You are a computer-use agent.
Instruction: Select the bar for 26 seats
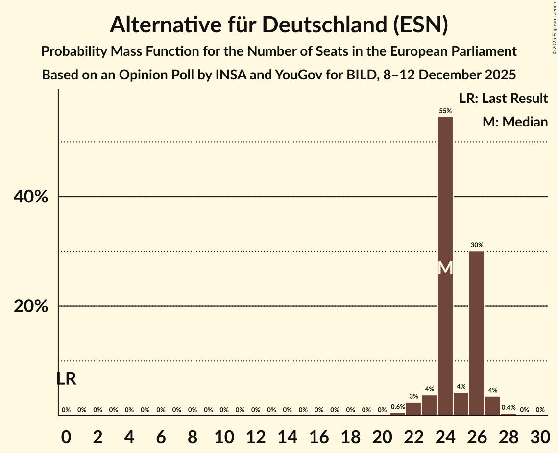click(x=477, y=333)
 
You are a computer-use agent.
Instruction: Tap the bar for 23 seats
click(x=429, y=405)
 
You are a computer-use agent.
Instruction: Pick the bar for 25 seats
click(x=461, y=404)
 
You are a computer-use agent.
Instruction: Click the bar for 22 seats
click(x=413, y=409)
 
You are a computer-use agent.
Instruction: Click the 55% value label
click(x=445, y=111)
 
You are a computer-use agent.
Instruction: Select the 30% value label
click(x=477, y=245)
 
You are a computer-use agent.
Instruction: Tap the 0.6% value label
click(x=398, y=407)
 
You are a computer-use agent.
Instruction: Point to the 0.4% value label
click(x=509, y=407)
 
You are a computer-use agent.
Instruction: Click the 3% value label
click(x=413, y=396)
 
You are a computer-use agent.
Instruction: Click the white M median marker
click(x=445, y=268)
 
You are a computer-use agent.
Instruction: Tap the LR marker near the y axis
click(x=66, y=378)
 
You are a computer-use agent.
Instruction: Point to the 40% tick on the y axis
click(x=31, y=197)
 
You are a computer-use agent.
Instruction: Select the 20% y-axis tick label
click(x=31, y=306)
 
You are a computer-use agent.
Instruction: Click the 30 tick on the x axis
click(x=540, y=435)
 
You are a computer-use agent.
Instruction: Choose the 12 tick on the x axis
click(x=256, y=435)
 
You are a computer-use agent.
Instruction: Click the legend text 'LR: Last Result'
click(x=503, y=99)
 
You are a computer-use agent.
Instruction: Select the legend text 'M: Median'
click(x=515, y=122)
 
